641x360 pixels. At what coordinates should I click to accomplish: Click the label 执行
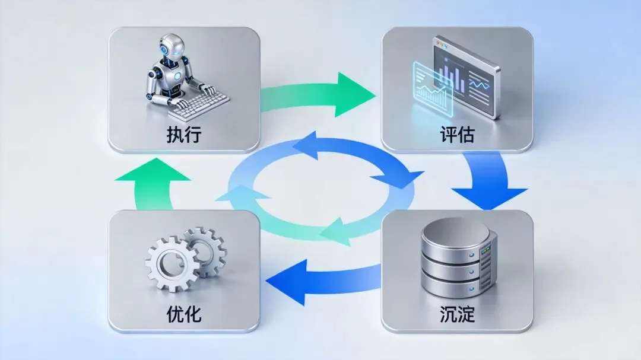184,135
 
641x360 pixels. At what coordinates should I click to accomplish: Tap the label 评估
457,135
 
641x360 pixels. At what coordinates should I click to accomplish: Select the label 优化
184,313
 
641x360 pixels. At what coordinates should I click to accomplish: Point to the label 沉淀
457,313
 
